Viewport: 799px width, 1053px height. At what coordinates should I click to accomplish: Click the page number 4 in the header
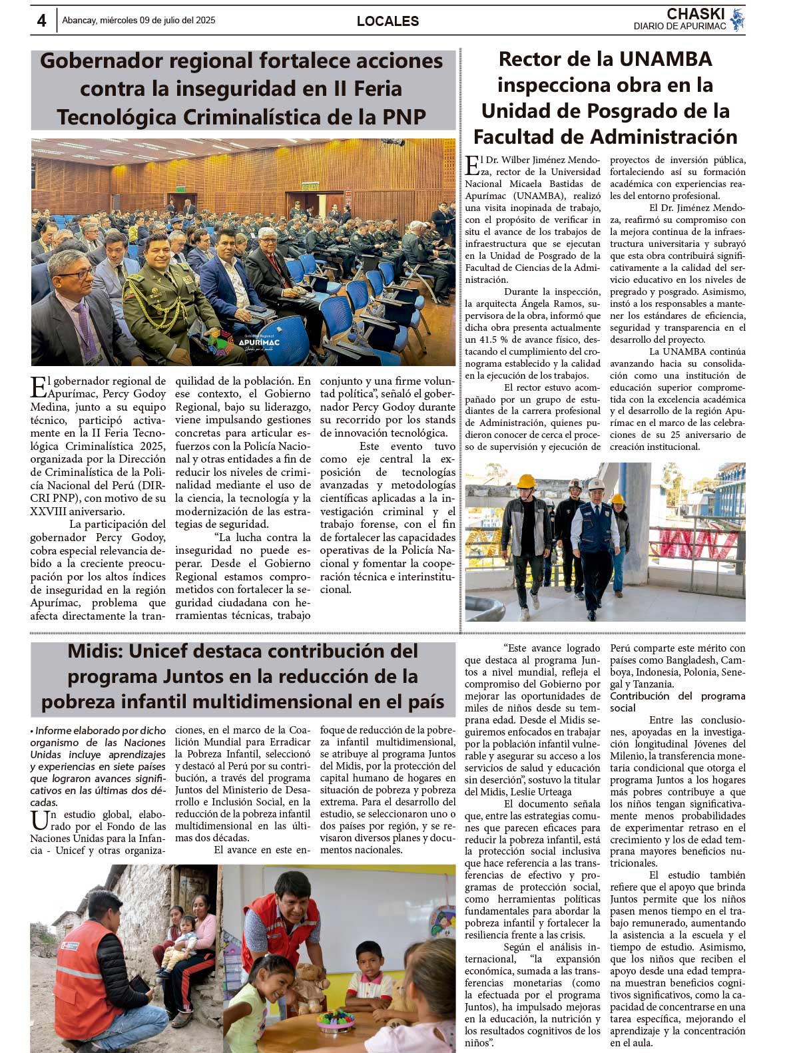tap(41, 21)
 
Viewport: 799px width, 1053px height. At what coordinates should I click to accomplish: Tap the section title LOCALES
tap(388, 21)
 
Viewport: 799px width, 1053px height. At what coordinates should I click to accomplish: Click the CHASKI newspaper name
tap(695, 14)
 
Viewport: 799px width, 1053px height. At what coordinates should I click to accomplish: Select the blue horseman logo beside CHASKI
tap(737, 20)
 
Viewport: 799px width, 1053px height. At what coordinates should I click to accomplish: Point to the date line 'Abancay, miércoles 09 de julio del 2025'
tap(138, 21)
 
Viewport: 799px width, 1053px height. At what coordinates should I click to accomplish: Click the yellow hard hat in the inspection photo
tap(526, 481)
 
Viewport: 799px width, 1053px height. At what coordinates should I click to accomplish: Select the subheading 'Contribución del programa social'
tap(677, 702)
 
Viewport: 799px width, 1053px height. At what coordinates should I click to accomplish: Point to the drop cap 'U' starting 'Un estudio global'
tap(39, 820)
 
